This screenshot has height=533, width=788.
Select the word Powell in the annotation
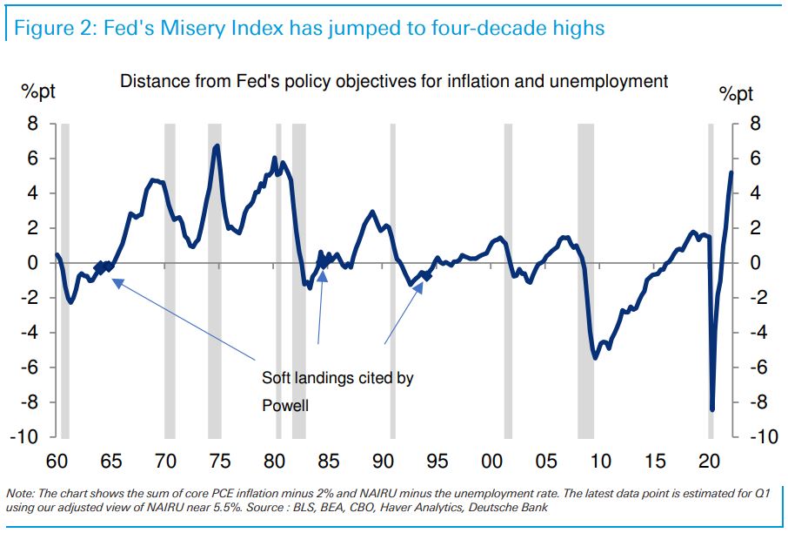[285, 405]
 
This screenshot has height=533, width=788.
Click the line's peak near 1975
[217, 146]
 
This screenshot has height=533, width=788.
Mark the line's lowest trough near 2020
[712, 409]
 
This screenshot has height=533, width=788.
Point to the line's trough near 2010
[595, 357]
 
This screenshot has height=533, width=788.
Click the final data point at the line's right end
[731, 172]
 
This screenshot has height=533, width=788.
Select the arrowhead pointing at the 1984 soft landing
[323, 275]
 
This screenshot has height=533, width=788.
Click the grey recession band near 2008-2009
[585, 279]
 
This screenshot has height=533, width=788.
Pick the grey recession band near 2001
[508, 279]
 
